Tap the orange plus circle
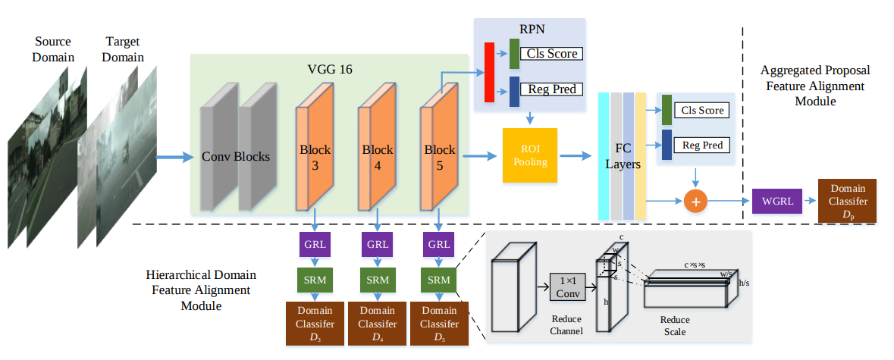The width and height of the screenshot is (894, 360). tap(695, 201)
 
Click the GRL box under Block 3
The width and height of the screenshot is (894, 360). tap(314, 245)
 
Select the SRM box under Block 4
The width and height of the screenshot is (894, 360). tap(377, 280)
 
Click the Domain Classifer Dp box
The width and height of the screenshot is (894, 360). tap(847, 201)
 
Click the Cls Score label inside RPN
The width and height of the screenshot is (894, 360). tap(553, 54)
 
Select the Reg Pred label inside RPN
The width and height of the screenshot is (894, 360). tap(553, 89)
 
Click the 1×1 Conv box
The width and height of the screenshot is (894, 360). tap(566, 286)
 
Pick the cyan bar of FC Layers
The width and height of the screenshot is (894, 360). tap(604, 155)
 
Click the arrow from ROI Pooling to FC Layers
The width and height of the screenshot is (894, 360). tap(574, 155)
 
